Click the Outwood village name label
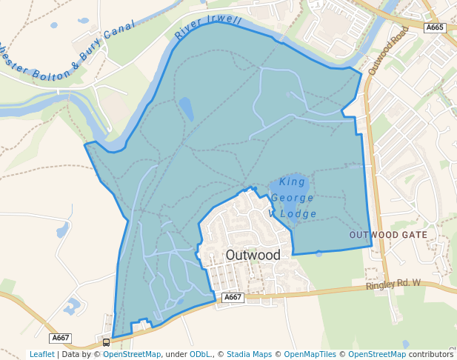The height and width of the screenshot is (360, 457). (253, 255)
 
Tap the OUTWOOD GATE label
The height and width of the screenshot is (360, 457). (388, 234)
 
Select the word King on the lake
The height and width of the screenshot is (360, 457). (293, 181)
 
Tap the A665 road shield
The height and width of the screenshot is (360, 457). (435, 27)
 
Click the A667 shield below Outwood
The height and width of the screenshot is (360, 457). (233, 297)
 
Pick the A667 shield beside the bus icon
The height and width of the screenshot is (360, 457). (61, 338)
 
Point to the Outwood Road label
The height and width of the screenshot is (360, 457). (387, 50)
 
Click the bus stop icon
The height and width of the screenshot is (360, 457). (106, 342)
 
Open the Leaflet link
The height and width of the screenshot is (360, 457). (41, 354)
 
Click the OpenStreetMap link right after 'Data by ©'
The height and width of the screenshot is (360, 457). (132, 354)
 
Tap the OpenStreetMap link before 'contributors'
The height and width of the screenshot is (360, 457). (377, 354)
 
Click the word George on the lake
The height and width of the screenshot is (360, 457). (292, 198)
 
